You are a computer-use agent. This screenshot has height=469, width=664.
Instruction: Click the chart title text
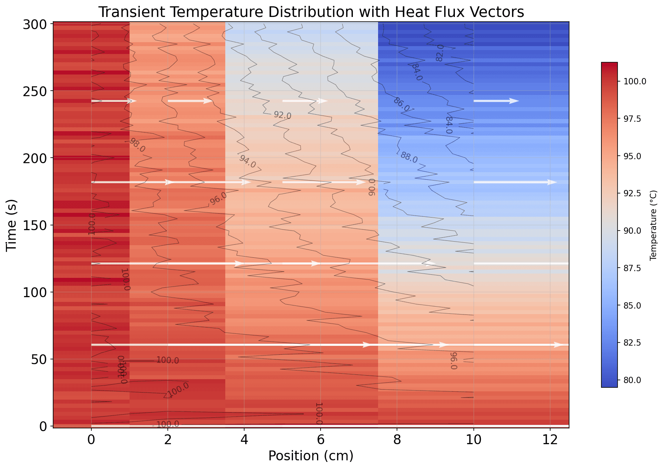pyautogui.click(x=311, y=12)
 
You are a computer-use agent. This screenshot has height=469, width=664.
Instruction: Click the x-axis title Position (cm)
pyautogui.click(x=311, y=456)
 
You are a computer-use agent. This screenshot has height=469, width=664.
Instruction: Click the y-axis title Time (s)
pyautogui.click(x=12, y=225)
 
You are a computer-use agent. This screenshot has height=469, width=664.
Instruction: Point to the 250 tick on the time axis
pyautogui.click(x=37, y=91)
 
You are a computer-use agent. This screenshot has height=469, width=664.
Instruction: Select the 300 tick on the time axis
pyautogui.click(x=37, y=24)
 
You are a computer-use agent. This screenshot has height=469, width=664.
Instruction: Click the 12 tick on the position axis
pyautogui.click(x=550, y=438)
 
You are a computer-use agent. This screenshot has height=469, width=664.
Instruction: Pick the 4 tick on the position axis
pyautogui.click(x=244, y=438)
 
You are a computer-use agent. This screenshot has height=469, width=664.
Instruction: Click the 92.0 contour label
pyautogui.click(x=282, y=115)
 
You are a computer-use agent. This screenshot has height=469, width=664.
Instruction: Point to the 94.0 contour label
pyautogui.click(x=247, y=161)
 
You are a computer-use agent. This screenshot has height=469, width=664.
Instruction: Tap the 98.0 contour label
pyautogui.click(x=137, y=145)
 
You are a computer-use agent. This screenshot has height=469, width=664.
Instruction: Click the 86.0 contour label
pyautogui.click(x=401, y=104)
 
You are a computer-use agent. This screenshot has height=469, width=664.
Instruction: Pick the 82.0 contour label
pyautogui.click(x=440, y=53)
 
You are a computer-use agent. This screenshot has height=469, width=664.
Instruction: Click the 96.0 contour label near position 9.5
pyautogui.click(x=453, y=361)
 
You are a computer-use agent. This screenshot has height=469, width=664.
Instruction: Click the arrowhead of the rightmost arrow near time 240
pyautogui.click(x=514, y=101)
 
